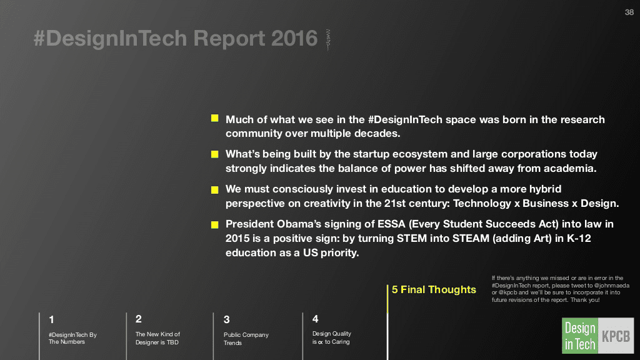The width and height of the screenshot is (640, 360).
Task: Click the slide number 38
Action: (x=629, y=12)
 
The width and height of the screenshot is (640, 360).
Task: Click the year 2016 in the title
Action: (x=294, y=38)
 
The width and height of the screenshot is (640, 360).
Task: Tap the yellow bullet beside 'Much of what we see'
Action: (x=215, y=118)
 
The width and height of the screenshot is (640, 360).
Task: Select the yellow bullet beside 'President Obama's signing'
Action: (x=215, y=224)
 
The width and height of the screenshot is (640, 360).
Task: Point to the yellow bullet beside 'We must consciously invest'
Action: (x=215, y=190)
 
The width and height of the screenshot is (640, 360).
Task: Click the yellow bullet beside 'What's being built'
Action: (x=215, y=154)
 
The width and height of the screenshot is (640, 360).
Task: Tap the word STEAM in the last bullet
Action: (x=471, y=238)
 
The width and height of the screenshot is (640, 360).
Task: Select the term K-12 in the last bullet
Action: (x=579, y=238)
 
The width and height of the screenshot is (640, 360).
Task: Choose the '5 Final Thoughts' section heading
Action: (x=434, y=290)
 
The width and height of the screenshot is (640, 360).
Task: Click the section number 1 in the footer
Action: (x=51, y=319)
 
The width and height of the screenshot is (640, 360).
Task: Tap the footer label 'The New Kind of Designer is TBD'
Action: (x=157, y=338)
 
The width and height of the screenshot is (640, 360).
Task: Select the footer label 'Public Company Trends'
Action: (x=246, y=339)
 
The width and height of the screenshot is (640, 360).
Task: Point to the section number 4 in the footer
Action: (x=315, y=319)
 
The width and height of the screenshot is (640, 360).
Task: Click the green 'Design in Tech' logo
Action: (x=579, y=336)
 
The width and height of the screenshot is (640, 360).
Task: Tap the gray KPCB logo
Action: (x=616, y=336)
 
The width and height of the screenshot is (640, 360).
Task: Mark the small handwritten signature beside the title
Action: (x=327, y=40)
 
